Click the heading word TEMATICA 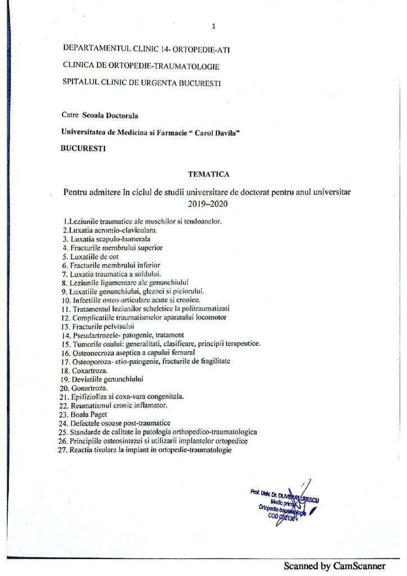pos(203,175)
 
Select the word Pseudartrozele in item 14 pos(98,335)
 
